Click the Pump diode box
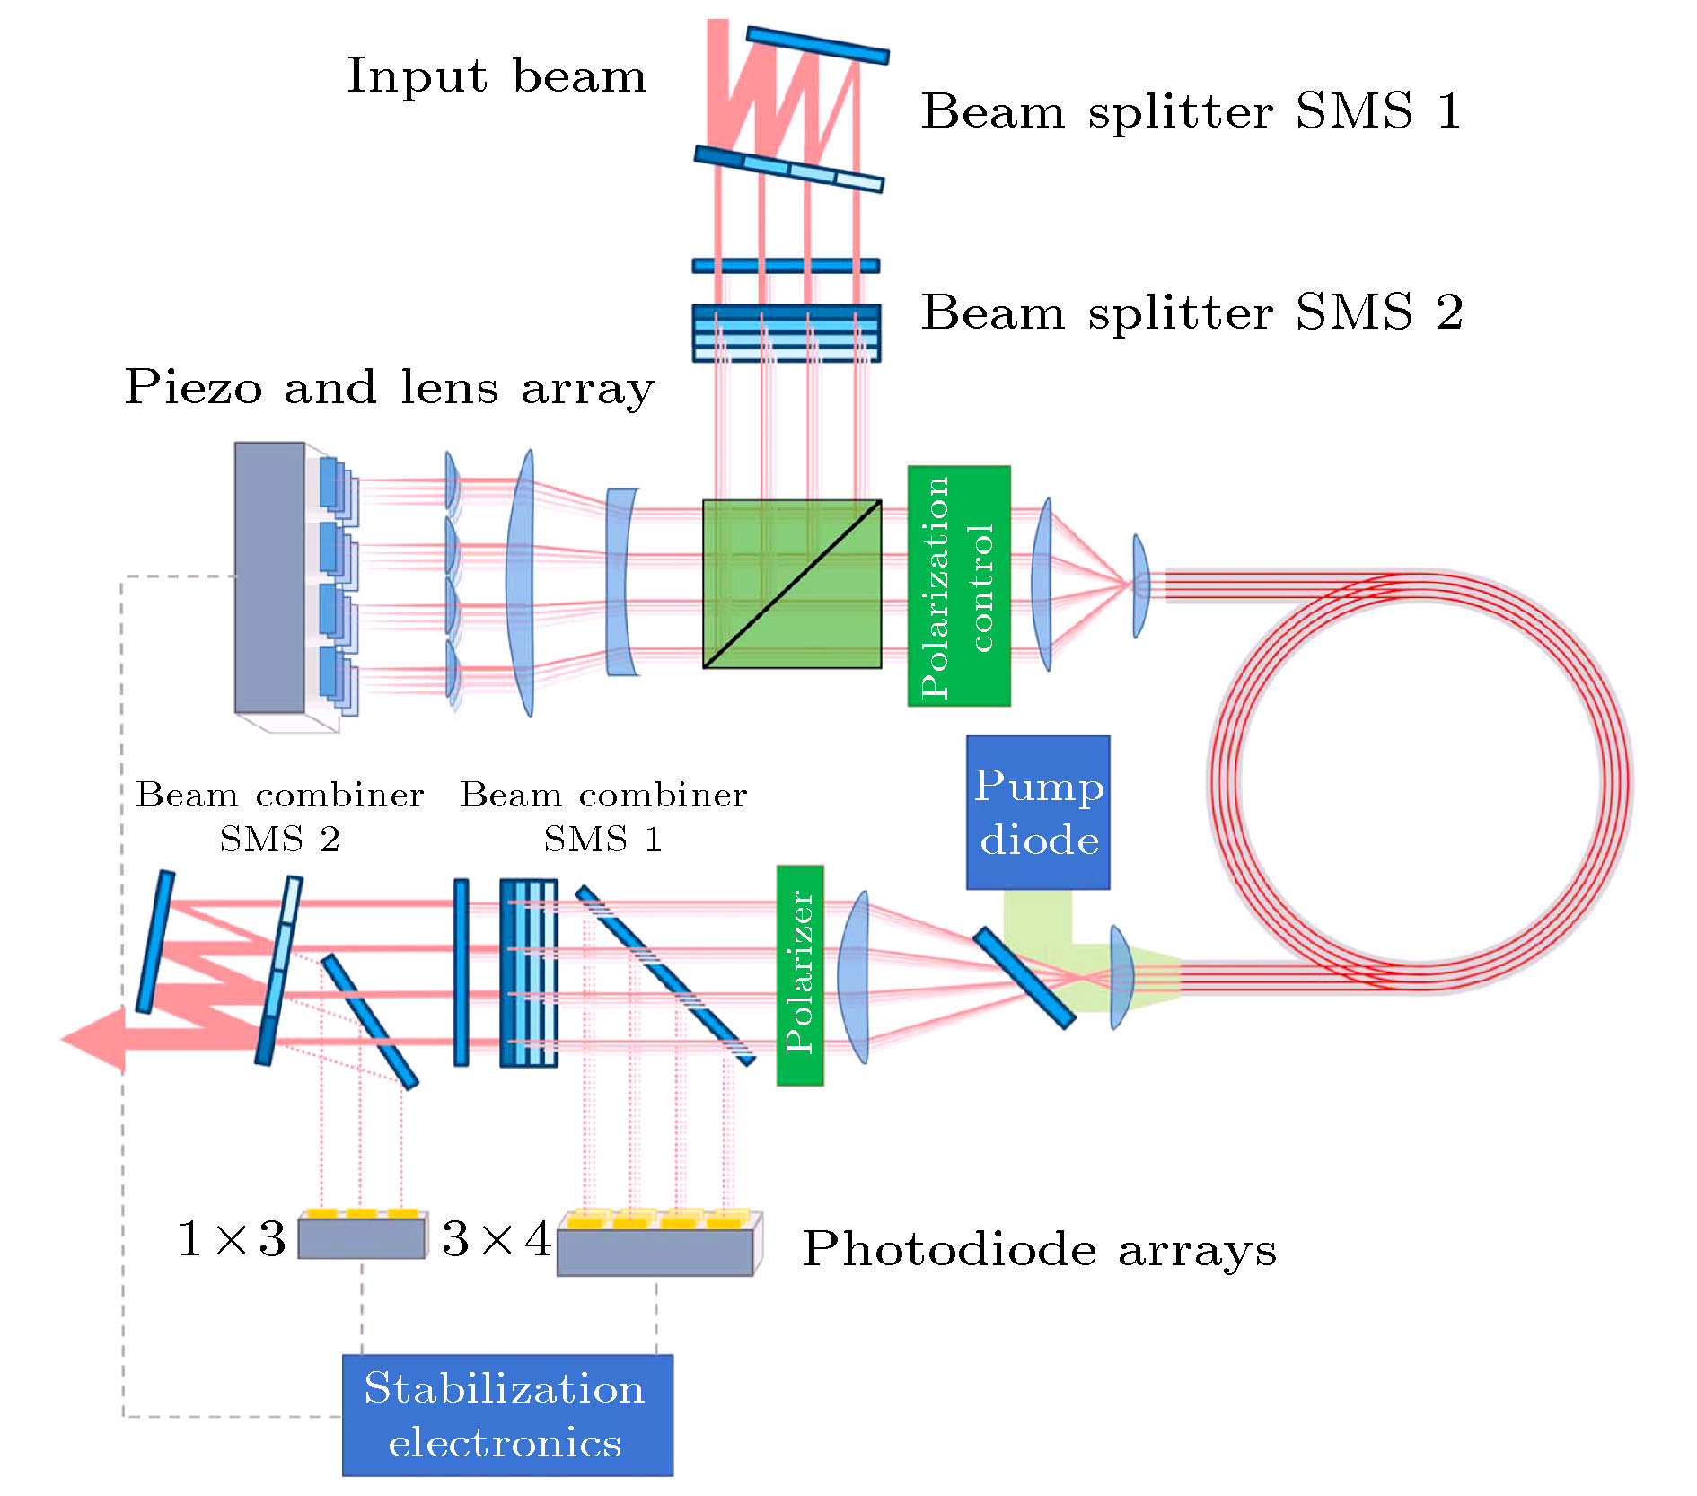pyautogui.click(x=1038, y=812)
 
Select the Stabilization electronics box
pyautogui.click(x=507, y=1414)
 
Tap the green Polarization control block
pyautogui.click(x=959, y=585)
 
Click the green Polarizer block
pyautogui.click(x=800, y=975)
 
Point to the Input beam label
pyautogui.click(x=497, y=76)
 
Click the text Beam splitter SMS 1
pyautogui.click(x=1191, y=112)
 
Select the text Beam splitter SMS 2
pyautogui.click(x=1191, y=312)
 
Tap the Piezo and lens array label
pyautogui.click(x=389, y=388)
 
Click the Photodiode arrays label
pyautogui.click(x=1039, y=1249)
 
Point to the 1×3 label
pyautogui.click(x=232, y=1239)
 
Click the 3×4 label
pyautogui.click(x=497, y=1239)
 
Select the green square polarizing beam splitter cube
pyautogui.click(x=791, y=584)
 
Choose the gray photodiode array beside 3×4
pyautogui.click(x=655, y=1251)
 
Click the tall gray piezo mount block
pyautogui.click(x=269, y=576)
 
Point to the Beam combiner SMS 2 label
pyautogui.click(x=279, y=816)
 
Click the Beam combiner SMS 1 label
pyautogui.click(x=603, y=816)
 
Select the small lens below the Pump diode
pyautogui.click(x=1121, y=977)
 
